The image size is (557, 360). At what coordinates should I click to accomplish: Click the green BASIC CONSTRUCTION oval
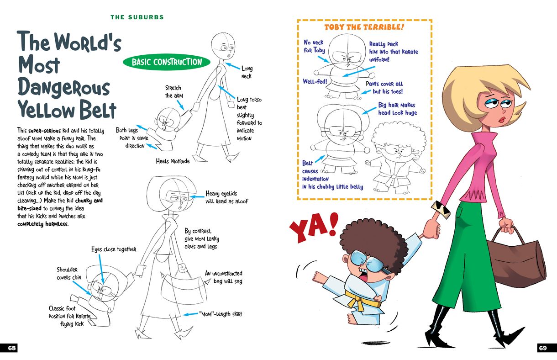pos(167,62)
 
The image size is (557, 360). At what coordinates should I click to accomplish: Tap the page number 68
pos(12,348)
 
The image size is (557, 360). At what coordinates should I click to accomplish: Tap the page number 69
pos(543,348)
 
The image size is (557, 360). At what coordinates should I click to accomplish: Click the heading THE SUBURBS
pos(137,17)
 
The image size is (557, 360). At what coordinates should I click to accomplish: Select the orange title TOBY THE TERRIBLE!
pos(364,27)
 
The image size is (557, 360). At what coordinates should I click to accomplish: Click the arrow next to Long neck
pos(232,66)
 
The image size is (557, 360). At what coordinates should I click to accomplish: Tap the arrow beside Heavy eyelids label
pos(197,197)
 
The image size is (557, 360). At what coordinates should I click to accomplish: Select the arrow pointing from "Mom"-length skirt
pos(190,314)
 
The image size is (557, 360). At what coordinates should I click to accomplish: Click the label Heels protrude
pos(173,161)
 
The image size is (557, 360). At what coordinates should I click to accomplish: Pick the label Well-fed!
pos(315,81)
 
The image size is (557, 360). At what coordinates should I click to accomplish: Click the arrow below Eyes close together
pos(101,269)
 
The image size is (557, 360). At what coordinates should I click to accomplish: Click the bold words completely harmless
pos(43,224)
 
